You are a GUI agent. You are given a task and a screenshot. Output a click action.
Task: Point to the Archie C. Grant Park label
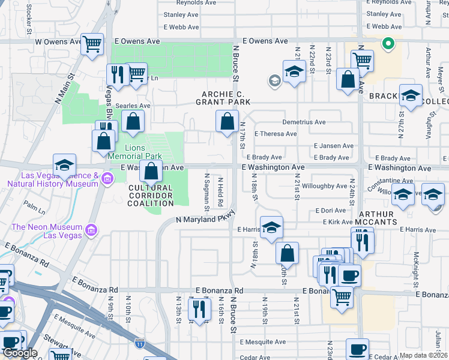tap(231, 98)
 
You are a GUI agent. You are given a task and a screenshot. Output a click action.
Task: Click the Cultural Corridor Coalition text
tap(150, 196)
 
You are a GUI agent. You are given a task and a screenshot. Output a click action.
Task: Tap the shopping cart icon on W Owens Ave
tap(92, 44)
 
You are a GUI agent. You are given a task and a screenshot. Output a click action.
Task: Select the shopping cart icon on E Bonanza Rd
tap(342, 295)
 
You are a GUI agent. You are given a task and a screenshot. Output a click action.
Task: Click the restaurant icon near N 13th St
tap(199, 308)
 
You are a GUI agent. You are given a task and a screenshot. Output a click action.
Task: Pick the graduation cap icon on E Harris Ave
tap(271, 227)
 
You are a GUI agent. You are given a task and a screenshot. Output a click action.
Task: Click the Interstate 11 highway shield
tap(140, 343)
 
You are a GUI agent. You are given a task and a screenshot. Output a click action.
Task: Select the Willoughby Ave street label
tap(324, 186)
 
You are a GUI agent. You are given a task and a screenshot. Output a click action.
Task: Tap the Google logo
tap(20, 353)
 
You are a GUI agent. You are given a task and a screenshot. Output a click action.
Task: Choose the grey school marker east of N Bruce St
tap(275, 80)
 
